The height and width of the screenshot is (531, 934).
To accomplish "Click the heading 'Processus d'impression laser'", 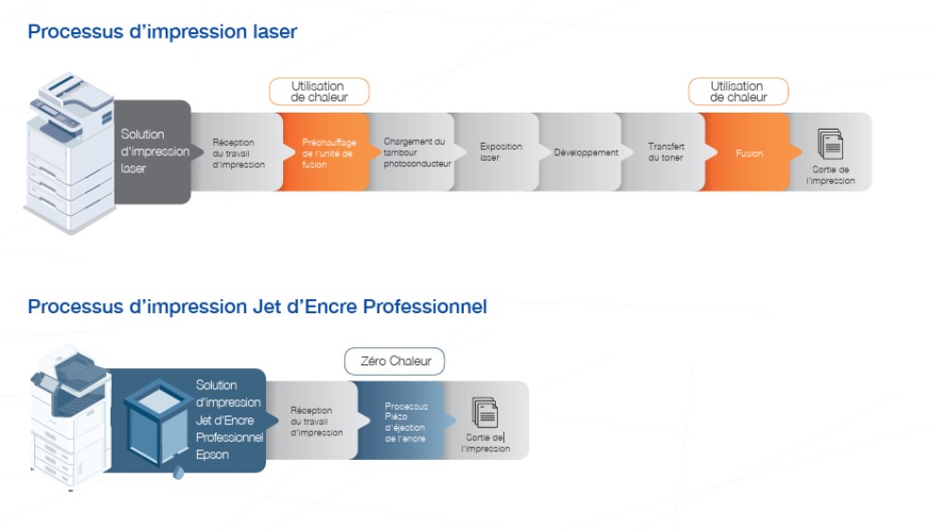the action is click(162, 31).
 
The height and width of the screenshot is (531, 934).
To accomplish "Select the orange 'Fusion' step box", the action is click(749, 152).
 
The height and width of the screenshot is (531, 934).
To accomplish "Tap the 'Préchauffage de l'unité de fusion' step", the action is click(326, 152).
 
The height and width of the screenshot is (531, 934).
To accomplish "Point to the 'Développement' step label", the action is click(586, 152).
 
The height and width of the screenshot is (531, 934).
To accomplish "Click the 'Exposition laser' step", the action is click(499, 152).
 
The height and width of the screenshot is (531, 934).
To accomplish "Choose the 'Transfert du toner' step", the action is click(666, 152).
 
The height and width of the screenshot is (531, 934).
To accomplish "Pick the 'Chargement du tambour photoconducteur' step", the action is click(415, 152).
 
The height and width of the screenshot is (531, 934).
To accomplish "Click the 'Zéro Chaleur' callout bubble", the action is click(395, 362).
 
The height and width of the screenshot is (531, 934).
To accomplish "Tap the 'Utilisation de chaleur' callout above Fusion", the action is click(739, 92).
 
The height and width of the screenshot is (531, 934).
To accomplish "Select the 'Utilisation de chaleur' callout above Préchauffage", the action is click(319, 92).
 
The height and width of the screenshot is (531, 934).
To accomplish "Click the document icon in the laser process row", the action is click(830, 144).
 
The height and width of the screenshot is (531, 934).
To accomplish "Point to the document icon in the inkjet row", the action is click(485, 413).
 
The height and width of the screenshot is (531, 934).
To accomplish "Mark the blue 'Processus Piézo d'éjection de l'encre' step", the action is click(404, 421).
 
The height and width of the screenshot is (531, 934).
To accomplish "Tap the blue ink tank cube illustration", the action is click(158, 422).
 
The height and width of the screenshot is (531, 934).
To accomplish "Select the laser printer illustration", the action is click(69, 152).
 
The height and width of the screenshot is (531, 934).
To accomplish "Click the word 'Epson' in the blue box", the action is click(212, 454).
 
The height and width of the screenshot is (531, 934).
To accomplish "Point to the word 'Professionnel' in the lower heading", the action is click(425, 307).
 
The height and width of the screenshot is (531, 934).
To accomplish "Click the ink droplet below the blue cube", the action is click(178, 473).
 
